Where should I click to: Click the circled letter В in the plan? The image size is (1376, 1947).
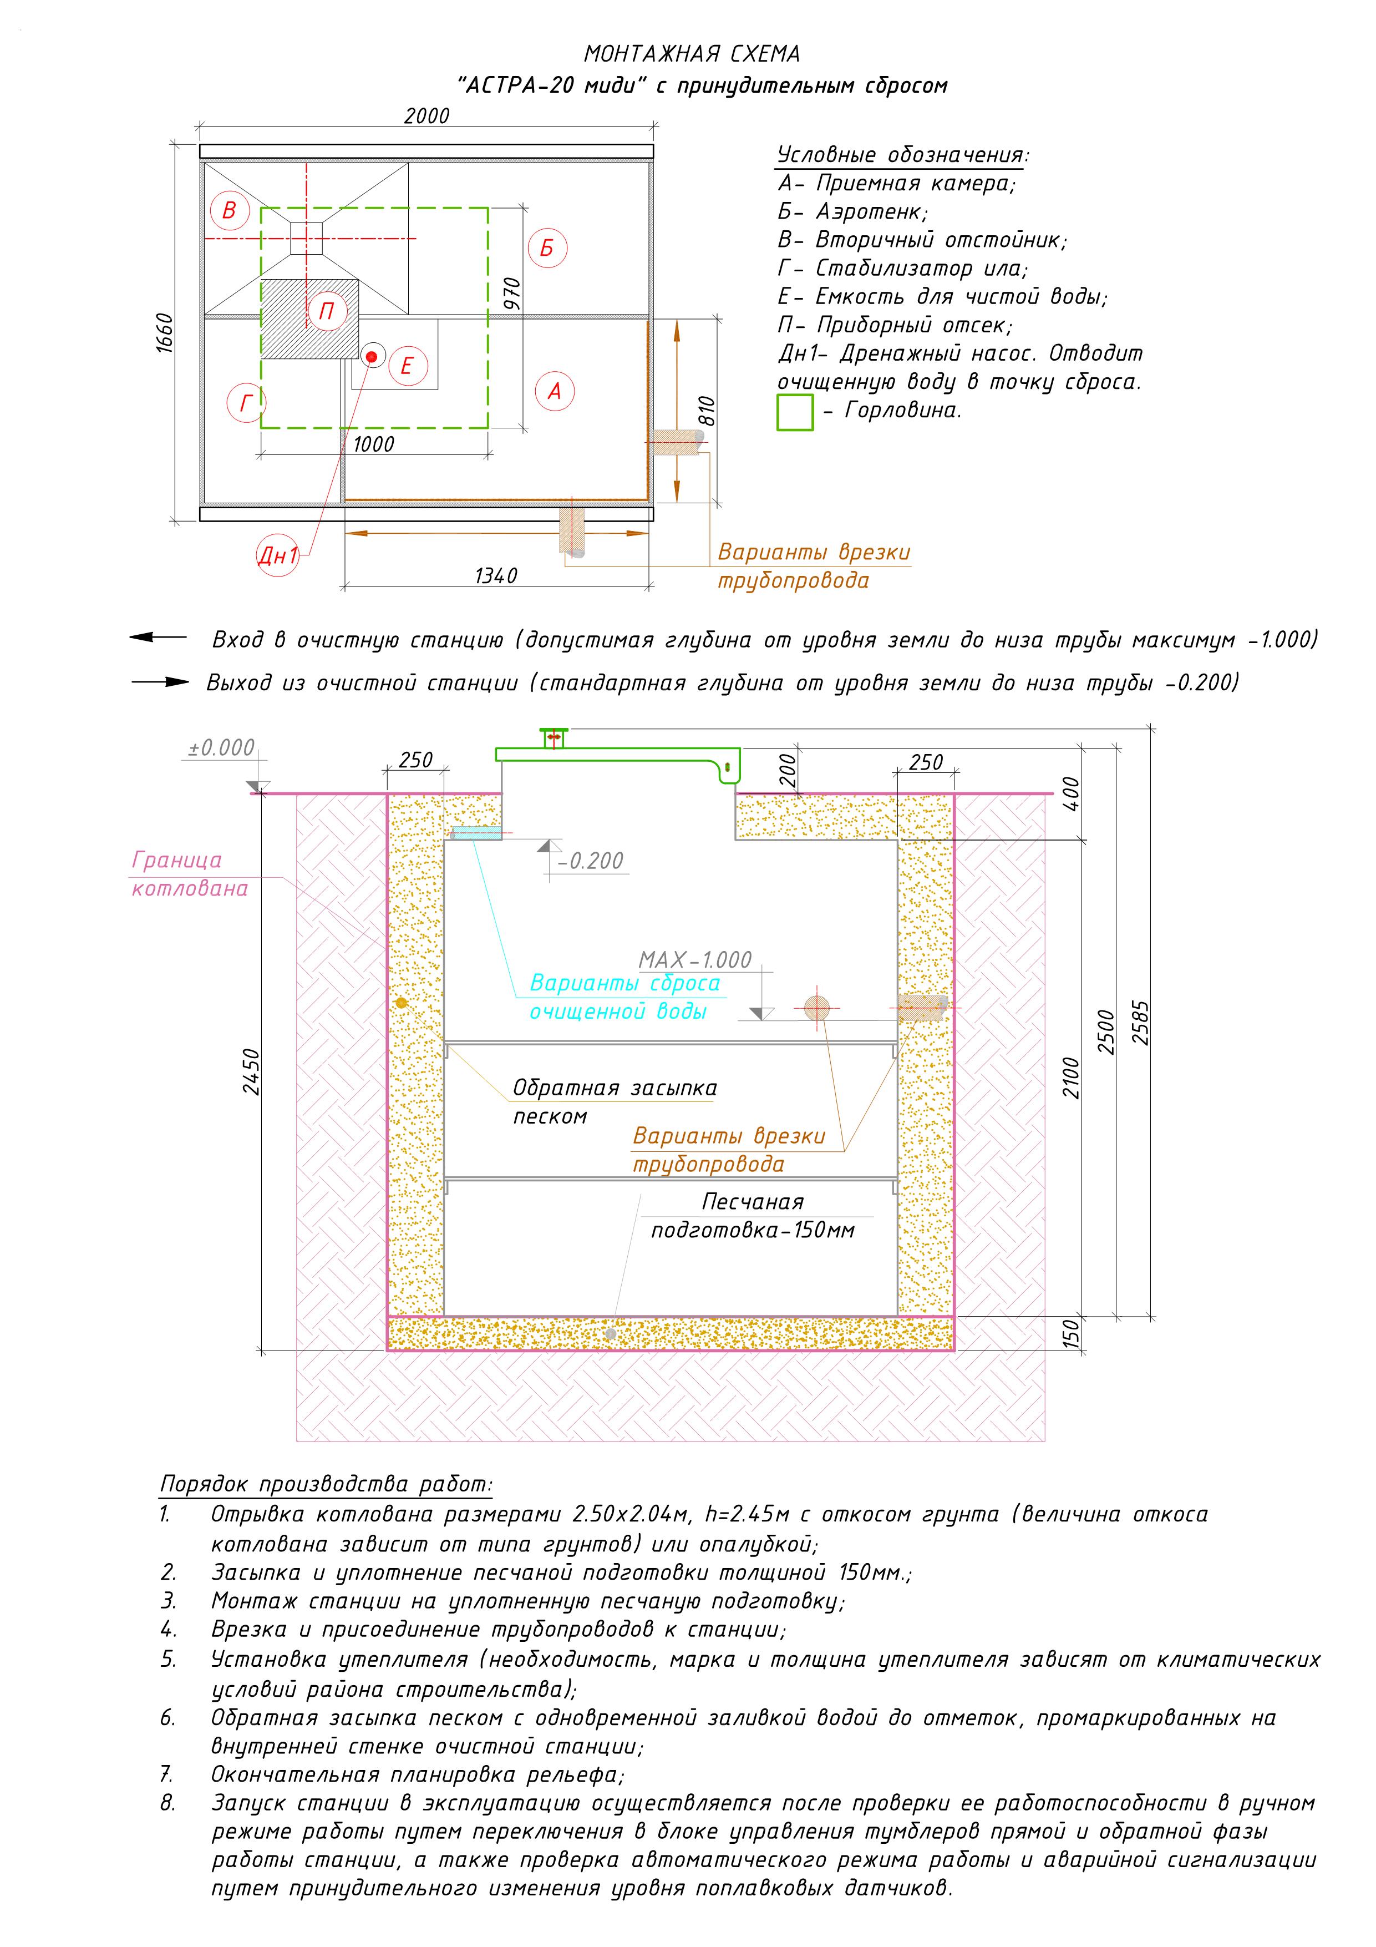click(x=229, y=210)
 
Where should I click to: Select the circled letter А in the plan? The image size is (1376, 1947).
click(x=555, y=391)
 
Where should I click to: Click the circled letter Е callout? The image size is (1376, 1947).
click(x=407, y=366)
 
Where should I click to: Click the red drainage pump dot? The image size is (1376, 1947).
click(x=372, y=356)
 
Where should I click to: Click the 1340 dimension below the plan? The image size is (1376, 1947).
click(x=495, y=576)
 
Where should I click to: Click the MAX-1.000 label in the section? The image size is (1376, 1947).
click(x=694, y=960)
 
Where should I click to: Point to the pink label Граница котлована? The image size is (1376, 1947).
click(x=189, y=874)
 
